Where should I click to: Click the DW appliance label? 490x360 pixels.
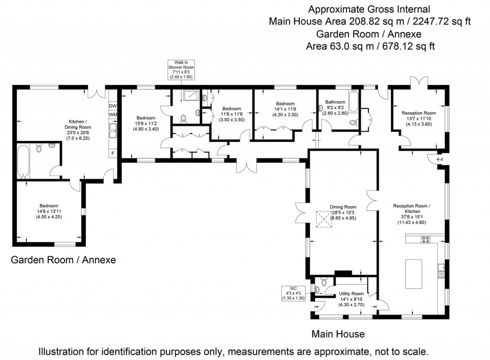click(x=113, y=106)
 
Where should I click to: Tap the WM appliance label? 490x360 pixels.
click(x=113, y=115)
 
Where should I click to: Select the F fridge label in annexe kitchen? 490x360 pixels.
click(x=112, y=153)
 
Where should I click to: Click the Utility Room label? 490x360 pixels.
click(x=351, y=294)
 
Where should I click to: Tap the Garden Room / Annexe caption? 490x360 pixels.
click(x=63, y=260)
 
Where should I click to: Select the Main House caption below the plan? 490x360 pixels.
click(x=338, y=334)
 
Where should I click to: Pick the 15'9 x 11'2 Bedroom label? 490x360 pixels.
click(x=146, y=123)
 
